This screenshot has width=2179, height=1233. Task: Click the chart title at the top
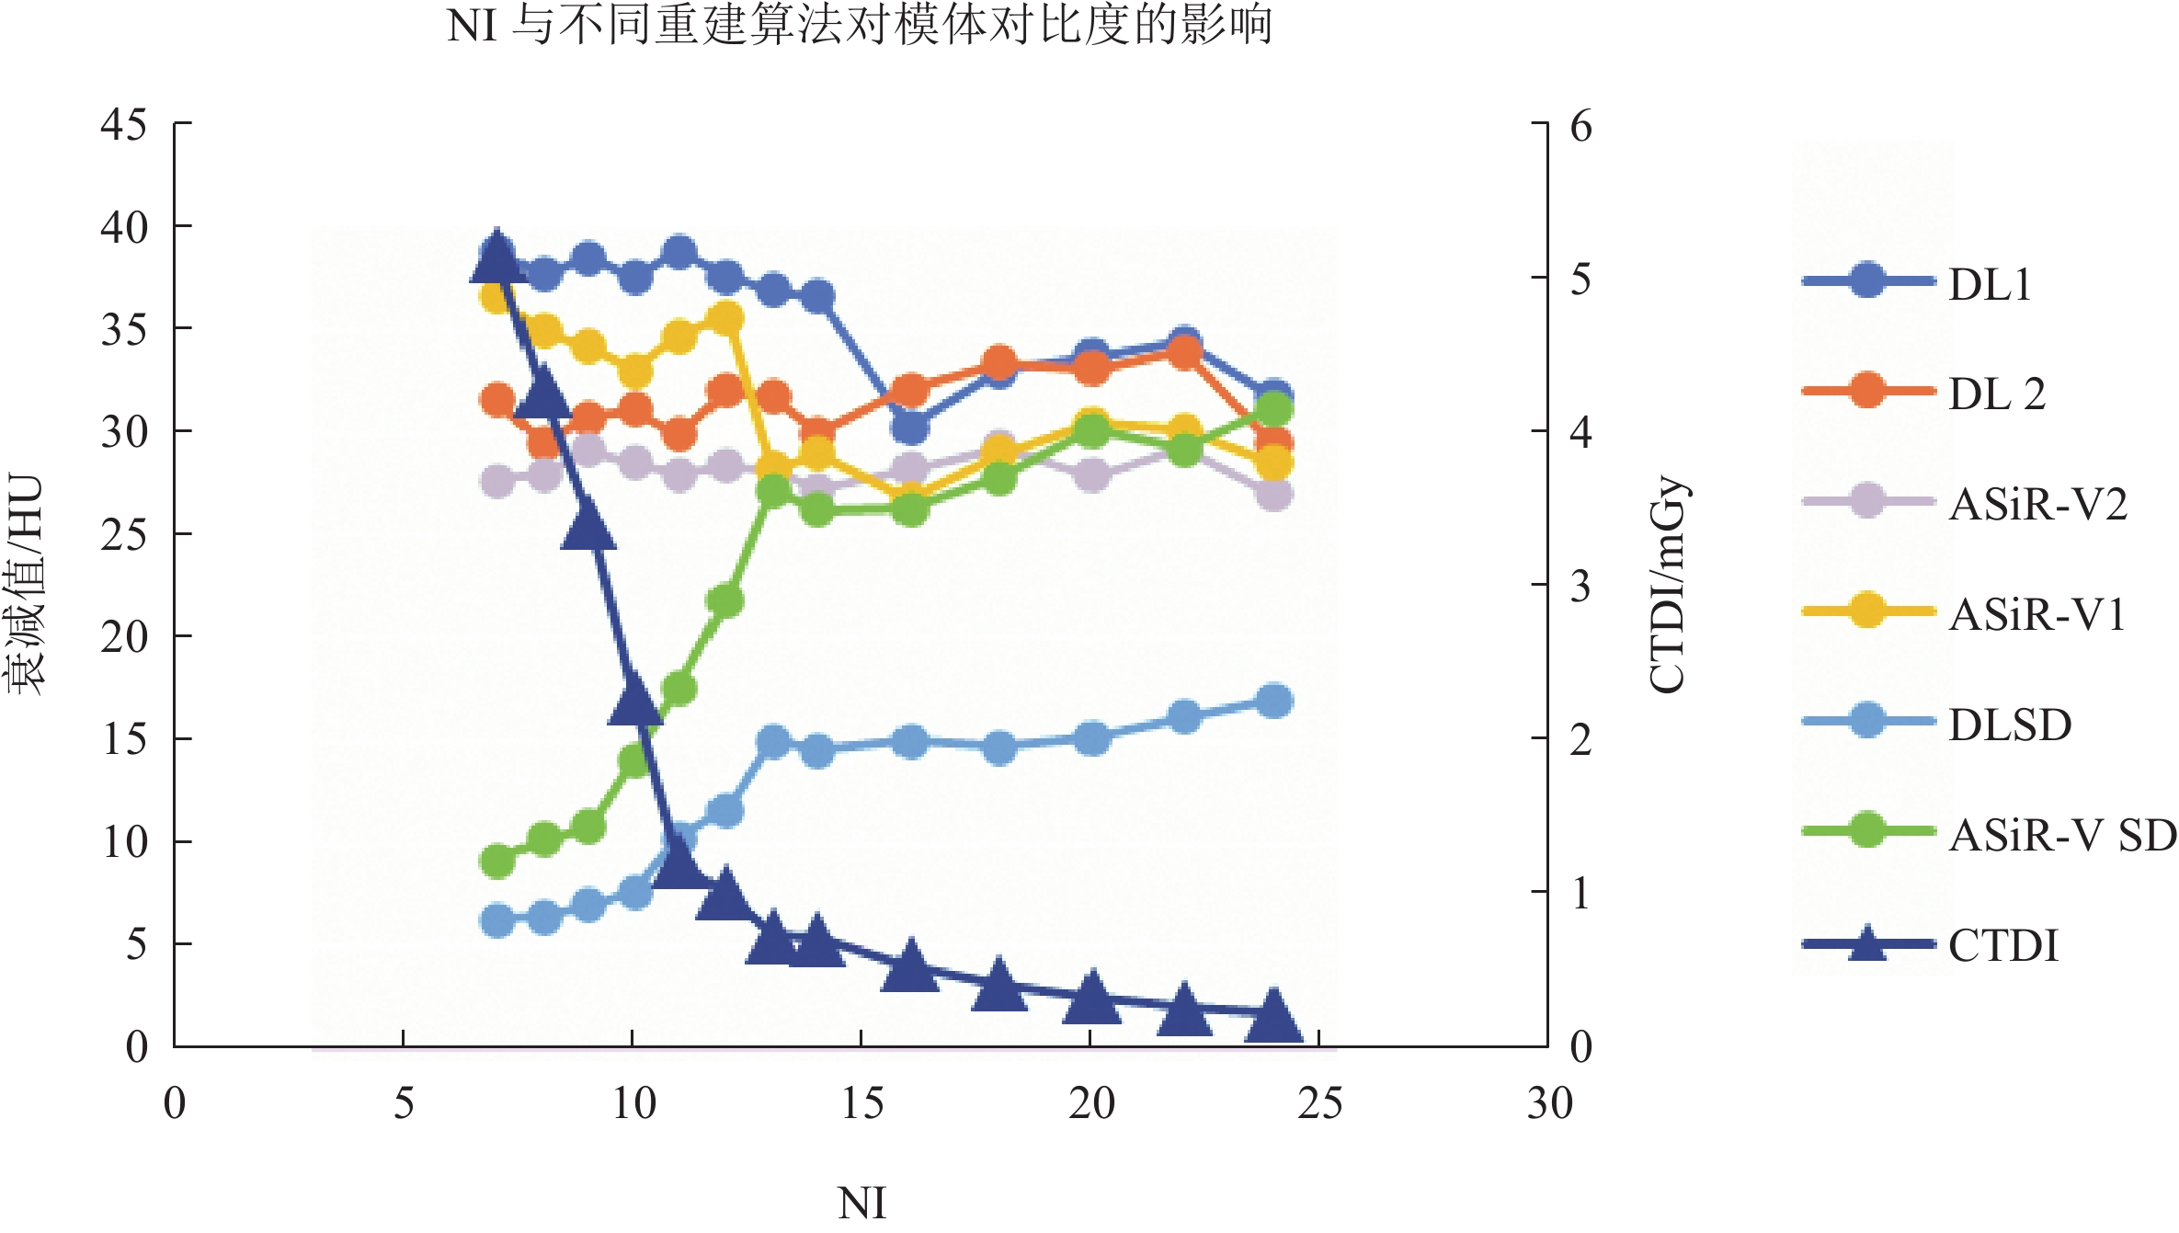click(x=860, y=25)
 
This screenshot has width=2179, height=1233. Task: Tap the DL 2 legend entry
click(x=1996, y=394)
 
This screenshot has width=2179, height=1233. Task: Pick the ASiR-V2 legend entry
click(x=2037, y=505)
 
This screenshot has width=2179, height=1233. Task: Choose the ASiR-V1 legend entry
click(x=2036, y=615)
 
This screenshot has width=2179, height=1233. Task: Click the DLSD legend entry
click(x=2010, y=725)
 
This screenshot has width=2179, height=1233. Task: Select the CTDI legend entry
click(x=2002, y=946)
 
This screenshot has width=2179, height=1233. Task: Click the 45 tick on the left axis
click(x=124, y=124)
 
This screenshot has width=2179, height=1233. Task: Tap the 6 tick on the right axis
click(x=1580, y=126)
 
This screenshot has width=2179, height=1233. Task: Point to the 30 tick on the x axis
click(x=1549, y=1103)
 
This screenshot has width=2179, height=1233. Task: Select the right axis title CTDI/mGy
click(x=1667, y=585)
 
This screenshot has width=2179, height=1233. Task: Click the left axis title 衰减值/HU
click(x=26, y=585)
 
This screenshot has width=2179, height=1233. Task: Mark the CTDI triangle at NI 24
click(x=1273, y=1017)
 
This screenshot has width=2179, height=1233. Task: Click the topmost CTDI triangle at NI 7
click(x=497, y=257)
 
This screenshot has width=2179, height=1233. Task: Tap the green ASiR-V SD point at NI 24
click(x=1273, y=408)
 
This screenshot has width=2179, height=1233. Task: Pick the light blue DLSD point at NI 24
click(x=1273, y=702)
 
